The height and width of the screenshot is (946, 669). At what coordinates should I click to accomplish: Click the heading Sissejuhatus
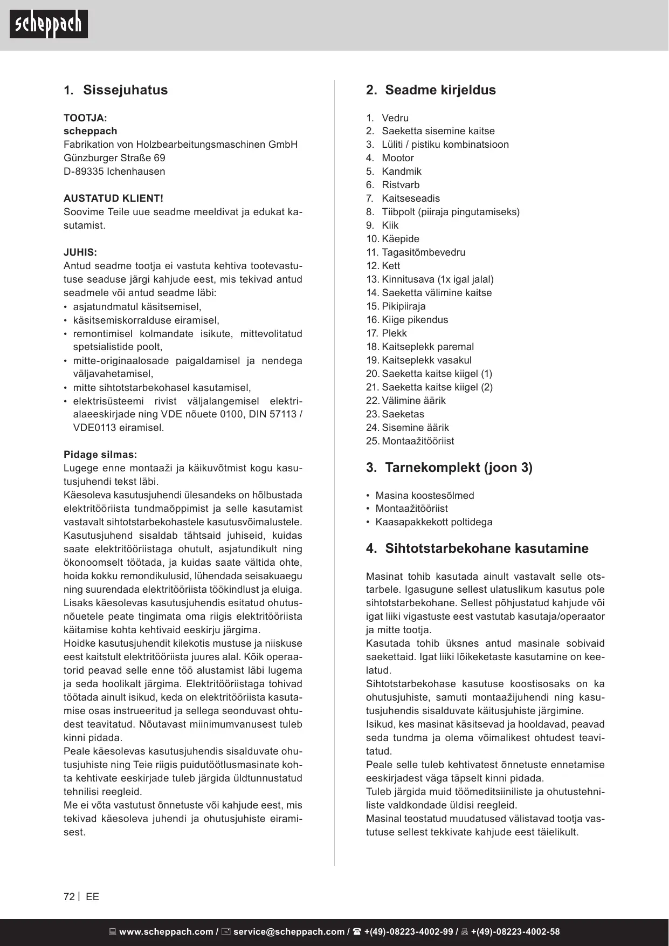pyautogui.click(x=125, y=90)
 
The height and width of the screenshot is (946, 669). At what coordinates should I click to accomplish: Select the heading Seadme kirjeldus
pyautogui.click(x=440, y=90)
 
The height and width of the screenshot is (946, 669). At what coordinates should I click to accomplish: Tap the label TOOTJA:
pyautogui.click(x=85, y=118)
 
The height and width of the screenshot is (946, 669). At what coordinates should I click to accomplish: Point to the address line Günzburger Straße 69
pyautogui.click(x=114, y=158)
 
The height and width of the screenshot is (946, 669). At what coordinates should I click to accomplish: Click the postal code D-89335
pyautogui.click(x=84, y=172)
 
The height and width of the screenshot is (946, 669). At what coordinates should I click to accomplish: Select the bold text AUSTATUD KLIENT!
pyautogui.click(x=113, y=198)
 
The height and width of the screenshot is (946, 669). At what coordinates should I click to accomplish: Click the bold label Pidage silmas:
pyautogui.click(x=100, y=455)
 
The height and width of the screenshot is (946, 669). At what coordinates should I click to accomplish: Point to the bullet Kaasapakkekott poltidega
pyautogui.click(x=433, y=522)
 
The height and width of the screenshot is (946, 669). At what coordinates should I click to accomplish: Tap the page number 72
pyautogui.click(x=69, y=897)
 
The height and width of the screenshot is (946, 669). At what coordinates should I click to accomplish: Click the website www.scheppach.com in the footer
pyautogui.click(x=165, y=932)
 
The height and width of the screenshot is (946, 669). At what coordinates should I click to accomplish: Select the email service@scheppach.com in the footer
pyautogui.click(x=288, y=932)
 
